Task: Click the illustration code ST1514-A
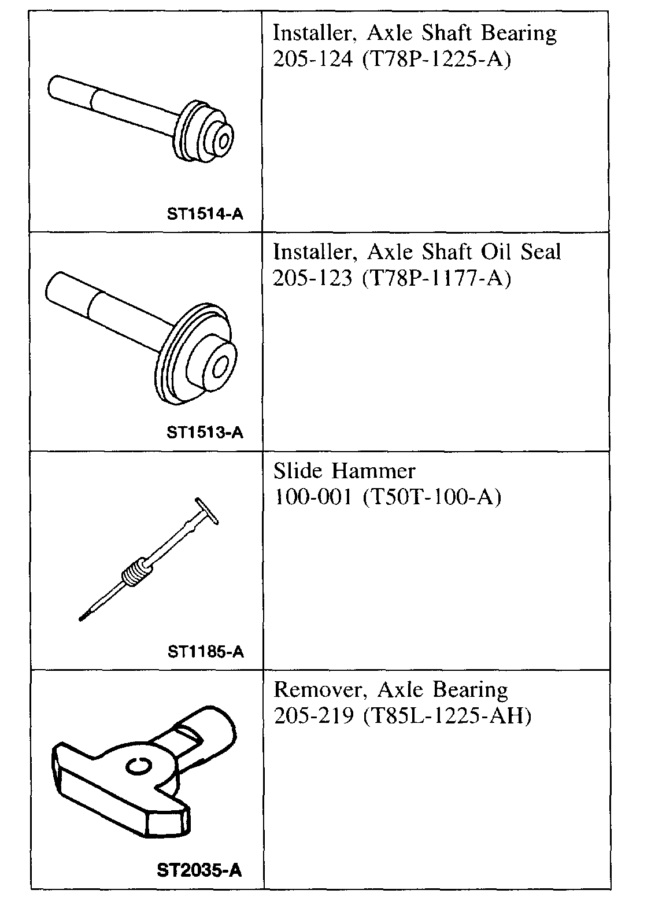(205, 215)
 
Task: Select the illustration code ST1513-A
(205, 433)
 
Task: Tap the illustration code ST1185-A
(206, 652)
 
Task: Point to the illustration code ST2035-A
(199, 870)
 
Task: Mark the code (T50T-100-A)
(431, 497)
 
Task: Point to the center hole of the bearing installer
(223, 141)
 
